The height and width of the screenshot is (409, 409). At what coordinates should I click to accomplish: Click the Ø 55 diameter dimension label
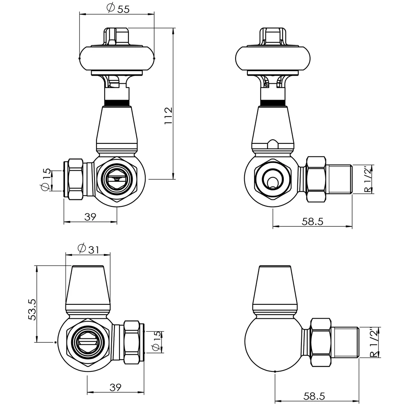(117, 9)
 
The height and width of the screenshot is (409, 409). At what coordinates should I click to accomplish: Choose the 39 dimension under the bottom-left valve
(116, 387)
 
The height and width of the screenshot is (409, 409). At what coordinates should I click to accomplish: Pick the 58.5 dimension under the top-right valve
(312, 221)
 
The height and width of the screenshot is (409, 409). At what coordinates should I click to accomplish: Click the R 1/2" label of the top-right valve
(369, 179)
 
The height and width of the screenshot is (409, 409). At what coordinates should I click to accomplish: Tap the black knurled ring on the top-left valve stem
(117, 102)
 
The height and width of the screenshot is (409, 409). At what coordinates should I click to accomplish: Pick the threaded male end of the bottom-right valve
(346, 342)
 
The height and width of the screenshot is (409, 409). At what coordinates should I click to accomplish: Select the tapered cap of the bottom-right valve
(274, 288)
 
